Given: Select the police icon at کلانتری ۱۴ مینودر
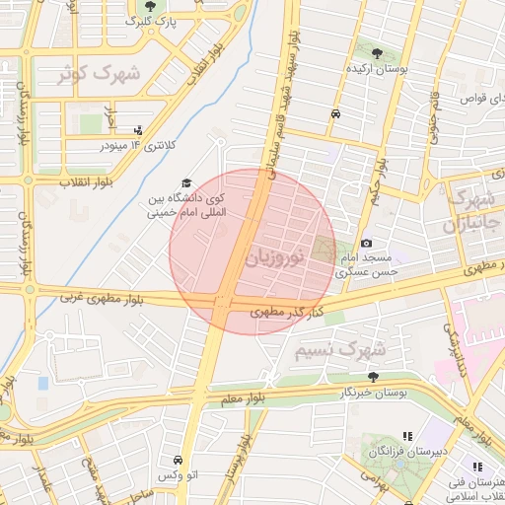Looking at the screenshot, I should (x=137, y=129).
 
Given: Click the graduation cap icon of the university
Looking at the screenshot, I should (x=185, y=183).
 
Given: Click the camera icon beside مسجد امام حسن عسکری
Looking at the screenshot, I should (x=366, y=244).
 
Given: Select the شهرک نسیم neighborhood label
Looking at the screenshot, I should (x=341, y=350).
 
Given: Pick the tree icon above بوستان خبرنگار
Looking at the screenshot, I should (x=372, y=377).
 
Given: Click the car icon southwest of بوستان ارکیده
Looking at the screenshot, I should (x=336, y=114).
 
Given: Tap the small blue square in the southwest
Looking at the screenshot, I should (x=42, y=382).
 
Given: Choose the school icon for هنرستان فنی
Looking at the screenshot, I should (x=477, y=467).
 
